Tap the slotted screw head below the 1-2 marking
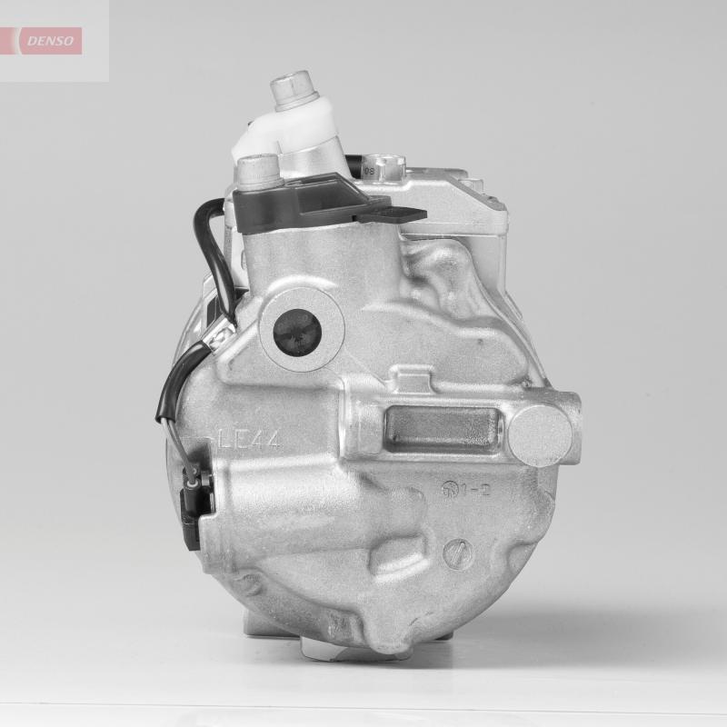click(459, 553)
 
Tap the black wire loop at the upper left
click(205, 245)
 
